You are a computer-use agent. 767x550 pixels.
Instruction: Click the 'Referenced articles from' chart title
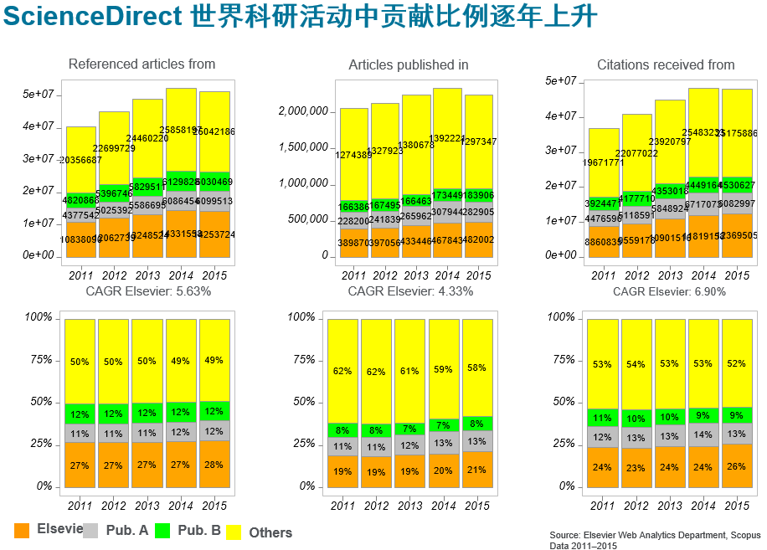point(142,64)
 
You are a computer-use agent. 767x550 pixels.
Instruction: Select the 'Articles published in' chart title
point(409,64)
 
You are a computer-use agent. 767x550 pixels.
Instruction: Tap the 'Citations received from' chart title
point(666,64)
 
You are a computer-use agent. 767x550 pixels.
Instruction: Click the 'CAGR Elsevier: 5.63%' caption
point(148,291)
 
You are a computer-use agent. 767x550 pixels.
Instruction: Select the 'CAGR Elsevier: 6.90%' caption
point(669,291)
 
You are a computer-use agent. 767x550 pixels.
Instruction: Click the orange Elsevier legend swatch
point(23,530)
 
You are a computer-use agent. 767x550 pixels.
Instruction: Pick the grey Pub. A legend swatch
point(91,530)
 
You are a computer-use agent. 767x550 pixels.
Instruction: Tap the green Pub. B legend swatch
point(162,530)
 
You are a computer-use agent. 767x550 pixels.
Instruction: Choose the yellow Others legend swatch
point(233,532)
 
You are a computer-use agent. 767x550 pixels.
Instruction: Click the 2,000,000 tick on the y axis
point(303,111)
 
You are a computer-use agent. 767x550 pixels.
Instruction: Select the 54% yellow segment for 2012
point(636,365)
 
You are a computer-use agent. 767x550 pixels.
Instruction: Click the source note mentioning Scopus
point(655,539)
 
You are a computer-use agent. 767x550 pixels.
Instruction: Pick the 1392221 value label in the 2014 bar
point(447,138)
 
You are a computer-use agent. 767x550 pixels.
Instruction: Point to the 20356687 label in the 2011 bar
point(81,160)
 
